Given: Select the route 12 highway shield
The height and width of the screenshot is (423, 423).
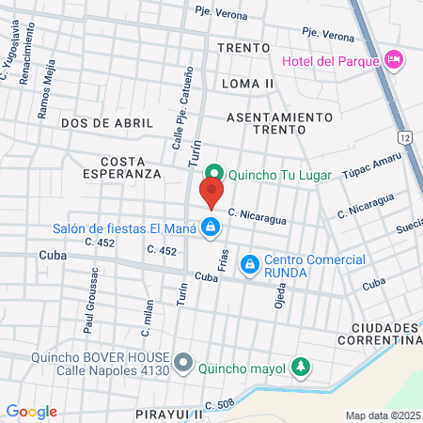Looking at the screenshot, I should coord(404,137).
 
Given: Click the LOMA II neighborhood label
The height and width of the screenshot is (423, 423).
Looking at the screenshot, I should coord(248,84).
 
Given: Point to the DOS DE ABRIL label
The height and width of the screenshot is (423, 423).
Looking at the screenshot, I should coord(94,123).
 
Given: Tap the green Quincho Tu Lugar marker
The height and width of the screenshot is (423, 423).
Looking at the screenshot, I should coord(215,172).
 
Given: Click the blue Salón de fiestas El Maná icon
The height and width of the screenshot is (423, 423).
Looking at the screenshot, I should coord(212,227).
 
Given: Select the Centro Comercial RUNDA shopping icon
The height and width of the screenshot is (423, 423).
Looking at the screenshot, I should coord(249,266).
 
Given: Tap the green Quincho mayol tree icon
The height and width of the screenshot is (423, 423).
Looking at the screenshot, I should coord(300,366).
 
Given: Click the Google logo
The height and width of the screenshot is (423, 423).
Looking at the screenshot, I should coord(31,411).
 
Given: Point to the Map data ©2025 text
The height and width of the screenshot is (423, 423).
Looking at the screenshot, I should coord(383,415).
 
